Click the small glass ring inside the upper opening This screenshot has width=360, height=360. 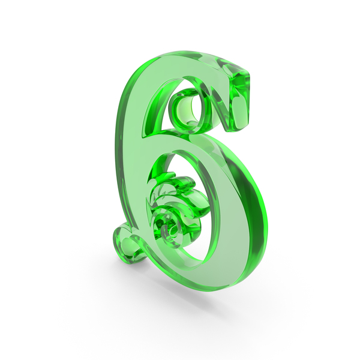click(188, 108)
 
